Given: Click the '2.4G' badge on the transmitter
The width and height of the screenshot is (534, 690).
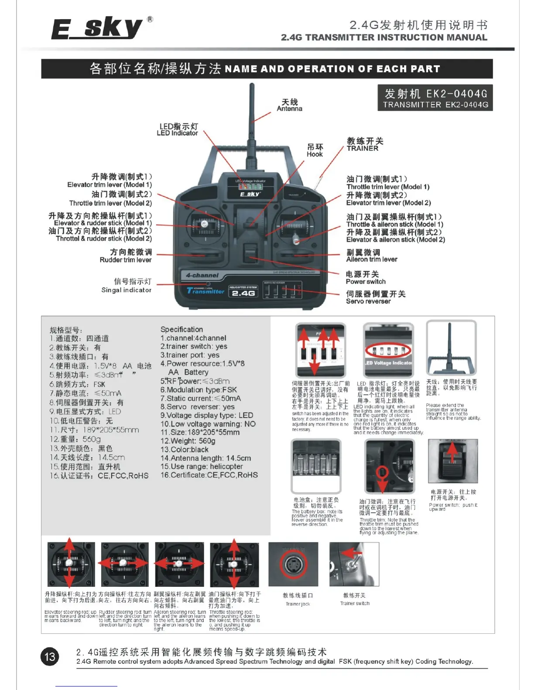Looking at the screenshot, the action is [243, 293].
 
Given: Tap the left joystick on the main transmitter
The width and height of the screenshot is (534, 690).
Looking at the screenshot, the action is [204, 225].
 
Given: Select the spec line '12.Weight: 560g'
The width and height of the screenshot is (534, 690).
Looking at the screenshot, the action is [188, 441].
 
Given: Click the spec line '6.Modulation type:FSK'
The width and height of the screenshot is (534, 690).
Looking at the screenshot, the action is [199, 390].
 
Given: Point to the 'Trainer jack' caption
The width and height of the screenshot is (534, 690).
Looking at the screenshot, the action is [298, 604].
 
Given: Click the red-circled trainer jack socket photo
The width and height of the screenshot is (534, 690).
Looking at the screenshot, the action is [293, 564].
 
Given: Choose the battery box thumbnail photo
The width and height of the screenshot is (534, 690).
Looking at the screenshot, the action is [316, 465].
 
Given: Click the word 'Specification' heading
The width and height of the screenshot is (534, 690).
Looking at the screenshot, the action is [181, 329].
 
